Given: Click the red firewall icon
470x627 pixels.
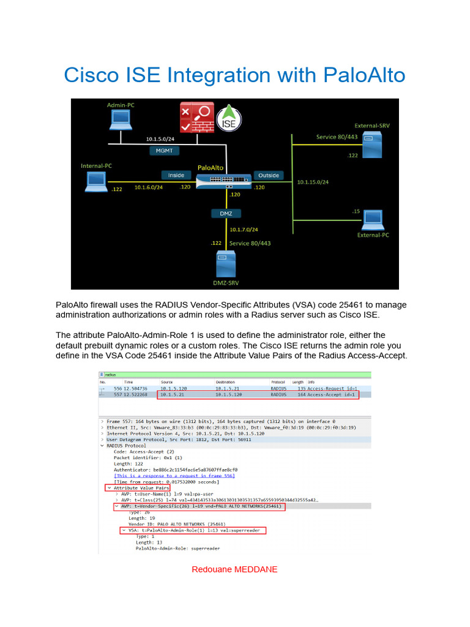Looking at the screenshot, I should pyautogui.click(x=196, y=118).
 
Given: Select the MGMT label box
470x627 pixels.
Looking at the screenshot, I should pyautogui.click(x=165, y=150).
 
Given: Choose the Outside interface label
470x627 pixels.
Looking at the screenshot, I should pyautogui.click(x=268, y=175).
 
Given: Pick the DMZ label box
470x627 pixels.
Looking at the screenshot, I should pyautogui.click(x=226, y=214).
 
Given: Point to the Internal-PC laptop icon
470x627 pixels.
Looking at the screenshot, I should pyautogui.click(x=95, y=180).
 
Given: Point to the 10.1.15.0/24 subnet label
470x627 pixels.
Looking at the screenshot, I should pyautogui.click(x=313, y=182).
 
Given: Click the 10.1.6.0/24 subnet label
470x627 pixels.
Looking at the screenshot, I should pyautogui.click(x=149, y=187).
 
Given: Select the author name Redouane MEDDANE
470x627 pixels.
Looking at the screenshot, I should pyautogui.click(x=234, y=569).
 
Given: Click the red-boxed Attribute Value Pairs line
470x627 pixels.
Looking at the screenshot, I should pyautogui.click(x=141, y=487).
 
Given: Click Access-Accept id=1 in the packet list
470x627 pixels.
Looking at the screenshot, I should pyautogui.click(x=332, y=396).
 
